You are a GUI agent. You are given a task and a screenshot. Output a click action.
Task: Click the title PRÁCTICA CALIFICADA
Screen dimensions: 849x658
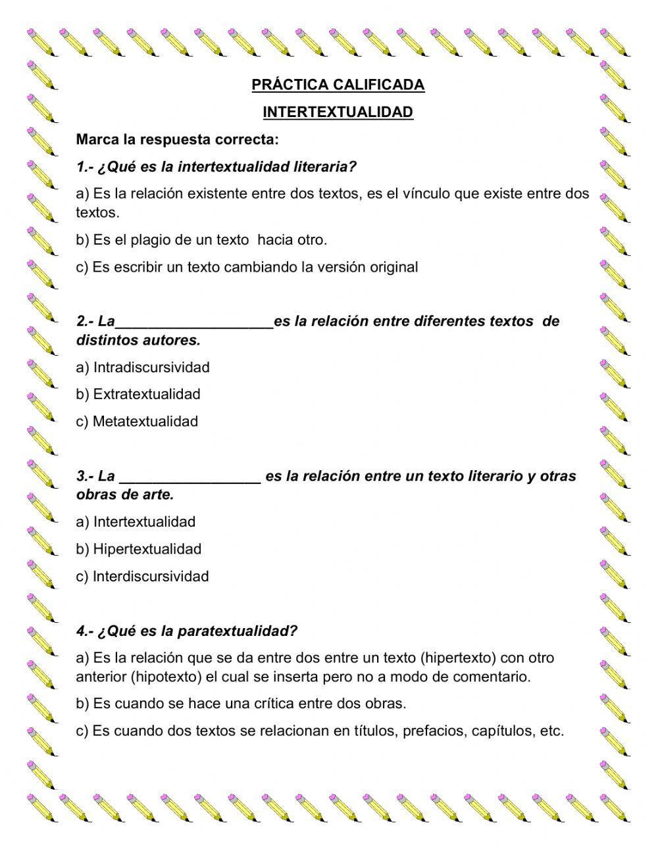click(x=338, y=85)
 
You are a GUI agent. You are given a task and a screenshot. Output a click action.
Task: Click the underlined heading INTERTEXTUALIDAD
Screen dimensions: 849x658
click(x=338, y=112)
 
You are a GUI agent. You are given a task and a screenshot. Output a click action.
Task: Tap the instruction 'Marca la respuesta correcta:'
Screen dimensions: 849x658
click(x=178, y=139)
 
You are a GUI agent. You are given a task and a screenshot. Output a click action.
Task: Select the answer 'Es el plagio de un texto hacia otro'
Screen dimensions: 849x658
click(x=201, y=240)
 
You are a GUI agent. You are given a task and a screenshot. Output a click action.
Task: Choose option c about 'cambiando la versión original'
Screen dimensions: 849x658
click(x=247, y=267)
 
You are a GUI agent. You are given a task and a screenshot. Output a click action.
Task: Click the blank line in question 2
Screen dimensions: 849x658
click(x=194, y=322)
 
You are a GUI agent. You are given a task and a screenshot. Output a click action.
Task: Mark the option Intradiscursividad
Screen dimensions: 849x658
click(x=143, y=367)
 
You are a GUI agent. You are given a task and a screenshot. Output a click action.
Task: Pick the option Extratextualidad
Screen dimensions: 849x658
click(x=139, y=395)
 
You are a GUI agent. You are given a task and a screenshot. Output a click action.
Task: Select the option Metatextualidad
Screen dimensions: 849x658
click(x=138, y=422)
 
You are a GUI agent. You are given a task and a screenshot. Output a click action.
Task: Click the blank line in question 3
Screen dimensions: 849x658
click(x=191, y=477)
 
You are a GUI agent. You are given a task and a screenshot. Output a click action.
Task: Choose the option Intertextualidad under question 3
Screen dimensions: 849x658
click(x=136, y=522)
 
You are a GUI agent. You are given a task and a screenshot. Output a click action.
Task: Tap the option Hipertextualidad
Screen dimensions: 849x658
click(x=139, y=549)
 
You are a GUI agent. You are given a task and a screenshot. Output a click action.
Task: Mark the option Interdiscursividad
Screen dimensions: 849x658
click(x=143, y=577)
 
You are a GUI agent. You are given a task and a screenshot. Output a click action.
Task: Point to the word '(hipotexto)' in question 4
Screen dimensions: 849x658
click(x=166, y=677)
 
